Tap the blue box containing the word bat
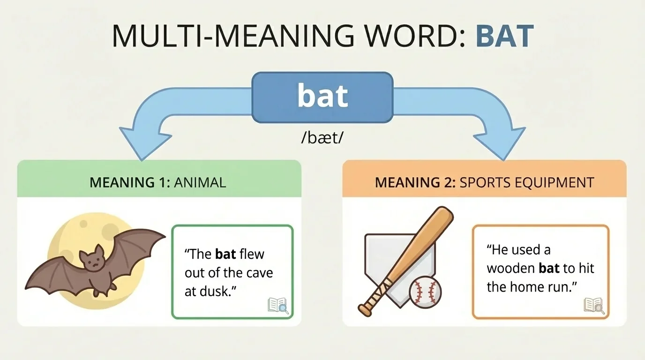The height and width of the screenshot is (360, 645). [322, 97]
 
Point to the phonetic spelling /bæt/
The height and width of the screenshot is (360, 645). [322, 139]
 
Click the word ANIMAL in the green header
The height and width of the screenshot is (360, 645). [200, 182]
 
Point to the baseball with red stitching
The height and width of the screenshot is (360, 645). [425, 291]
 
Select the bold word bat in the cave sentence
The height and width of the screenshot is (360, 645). [225, 254]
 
